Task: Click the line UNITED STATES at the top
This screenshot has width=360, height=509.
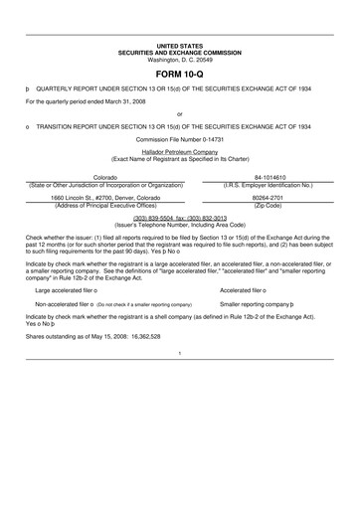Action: [180, 47]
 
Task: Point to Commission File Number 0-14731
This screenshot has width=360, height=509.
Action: [180, 138]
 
